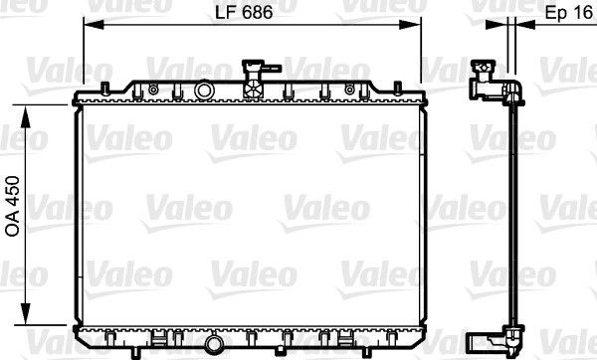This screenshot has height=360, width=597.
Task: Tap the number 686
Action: [258, 14]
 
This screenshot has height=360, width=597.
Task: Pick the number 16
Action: [581, 14]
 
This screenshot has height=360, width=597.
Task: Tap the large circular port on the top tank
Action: [206, 91]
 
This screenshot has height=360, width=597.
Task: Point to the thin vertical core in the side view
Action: [509, 219]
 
